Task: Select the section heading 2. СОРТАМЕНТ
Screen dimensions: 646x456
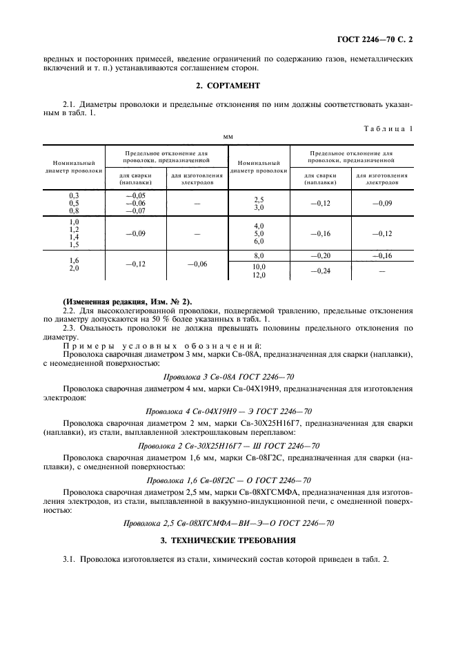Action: (x=228, y=86)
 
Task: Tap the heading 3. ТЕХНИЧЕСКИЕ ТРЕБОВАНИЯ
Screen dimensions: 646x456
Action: (x=228, y=540)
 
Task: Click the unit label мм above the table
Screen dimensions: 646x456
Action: (x=228, y=137)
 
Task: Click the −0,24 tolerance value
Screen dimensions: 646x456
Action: (x=321, y=271)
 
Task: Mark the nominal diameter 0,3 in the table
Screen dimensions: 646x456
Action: (x=74, y=196)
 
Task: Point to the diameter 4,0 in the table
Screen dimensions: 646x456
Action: (x=259, y=226)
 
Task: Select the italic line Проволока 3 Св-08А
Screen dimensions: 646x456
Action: (x=228, y=376)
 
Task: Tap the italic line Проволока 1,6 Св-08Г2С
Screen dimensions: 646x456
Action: (x=228, y=480)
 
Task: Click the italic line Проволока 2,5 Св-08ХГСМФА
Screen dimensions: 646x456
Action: (x=228, y=523)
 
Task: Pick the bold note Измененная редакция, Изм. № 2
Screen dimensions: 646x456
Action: (x=128, y=302)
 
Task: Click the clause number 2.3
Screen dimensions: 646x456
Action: (x=70, y=329)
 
